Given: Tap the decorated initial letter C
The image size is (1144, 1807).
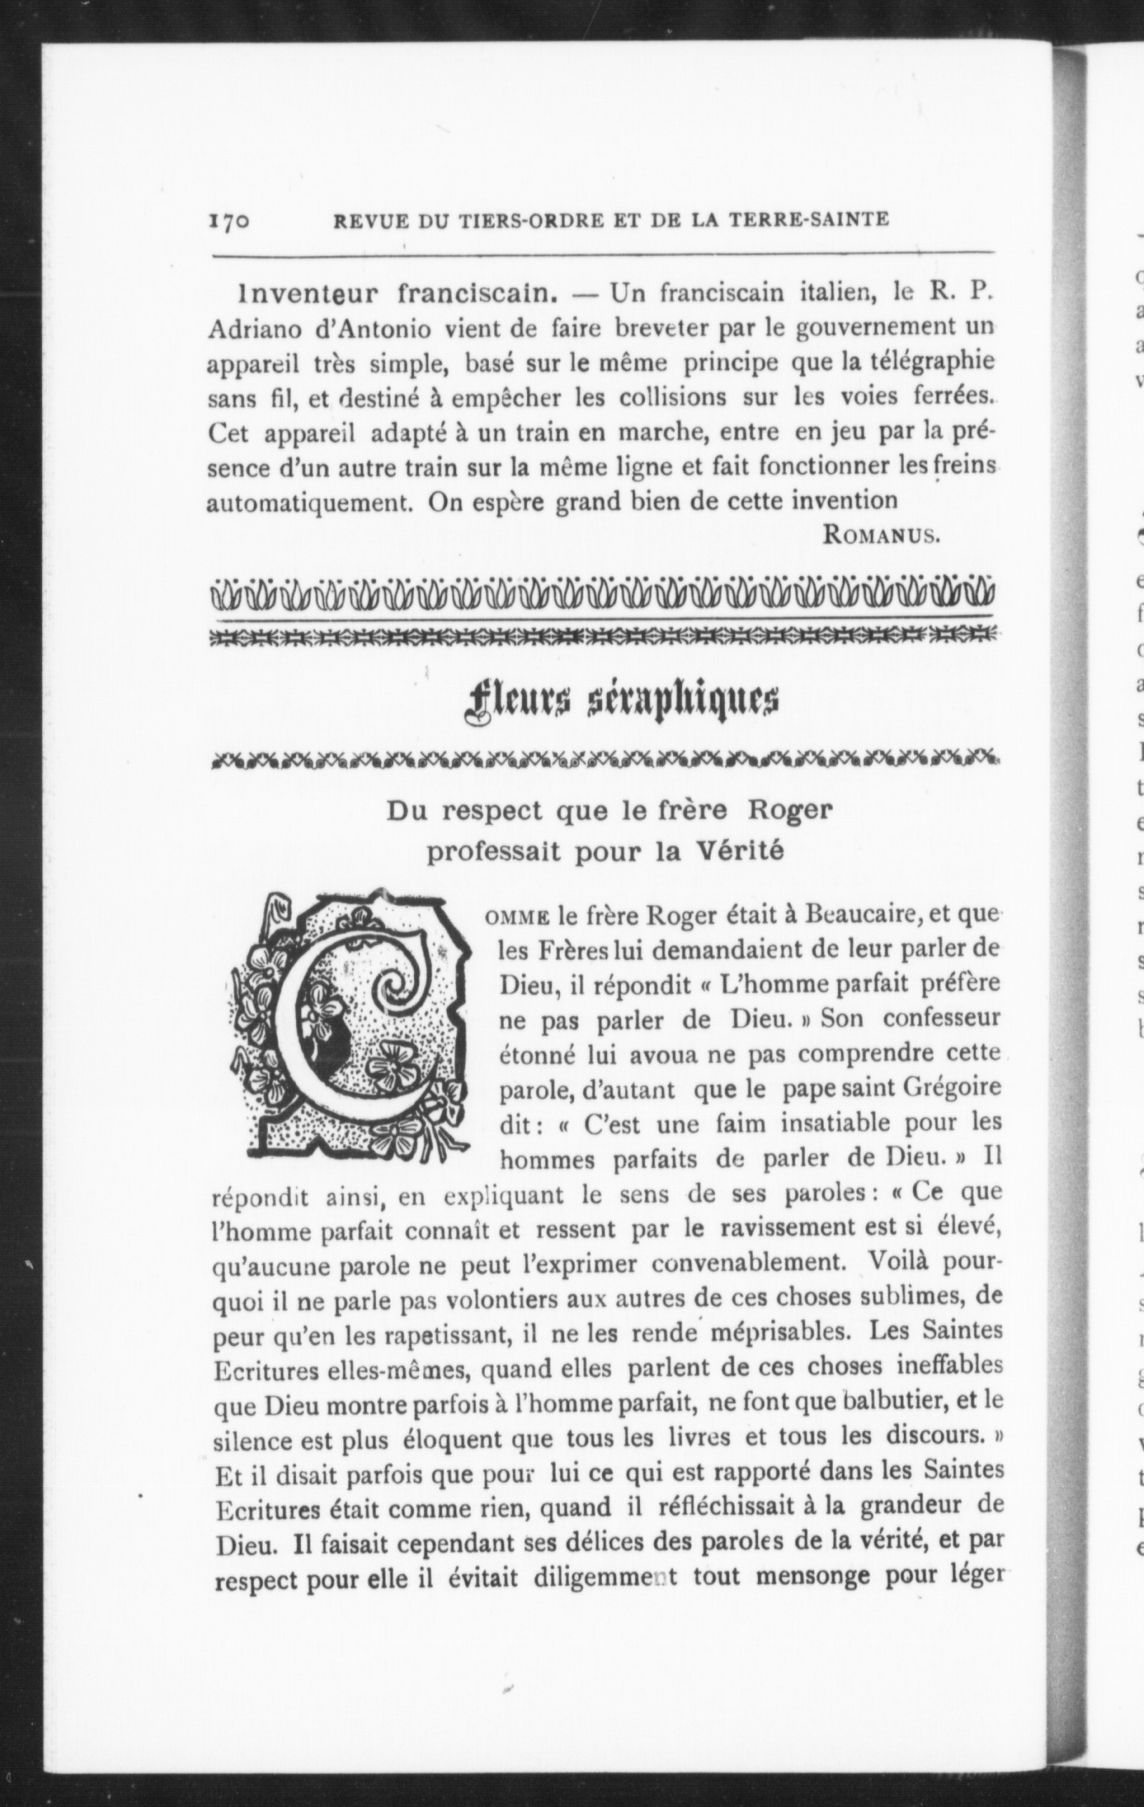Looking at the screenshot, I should click(x=350, y=1024).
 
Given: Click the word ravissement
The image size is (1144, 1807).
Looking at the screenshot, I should click(x=797, y=1228).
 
